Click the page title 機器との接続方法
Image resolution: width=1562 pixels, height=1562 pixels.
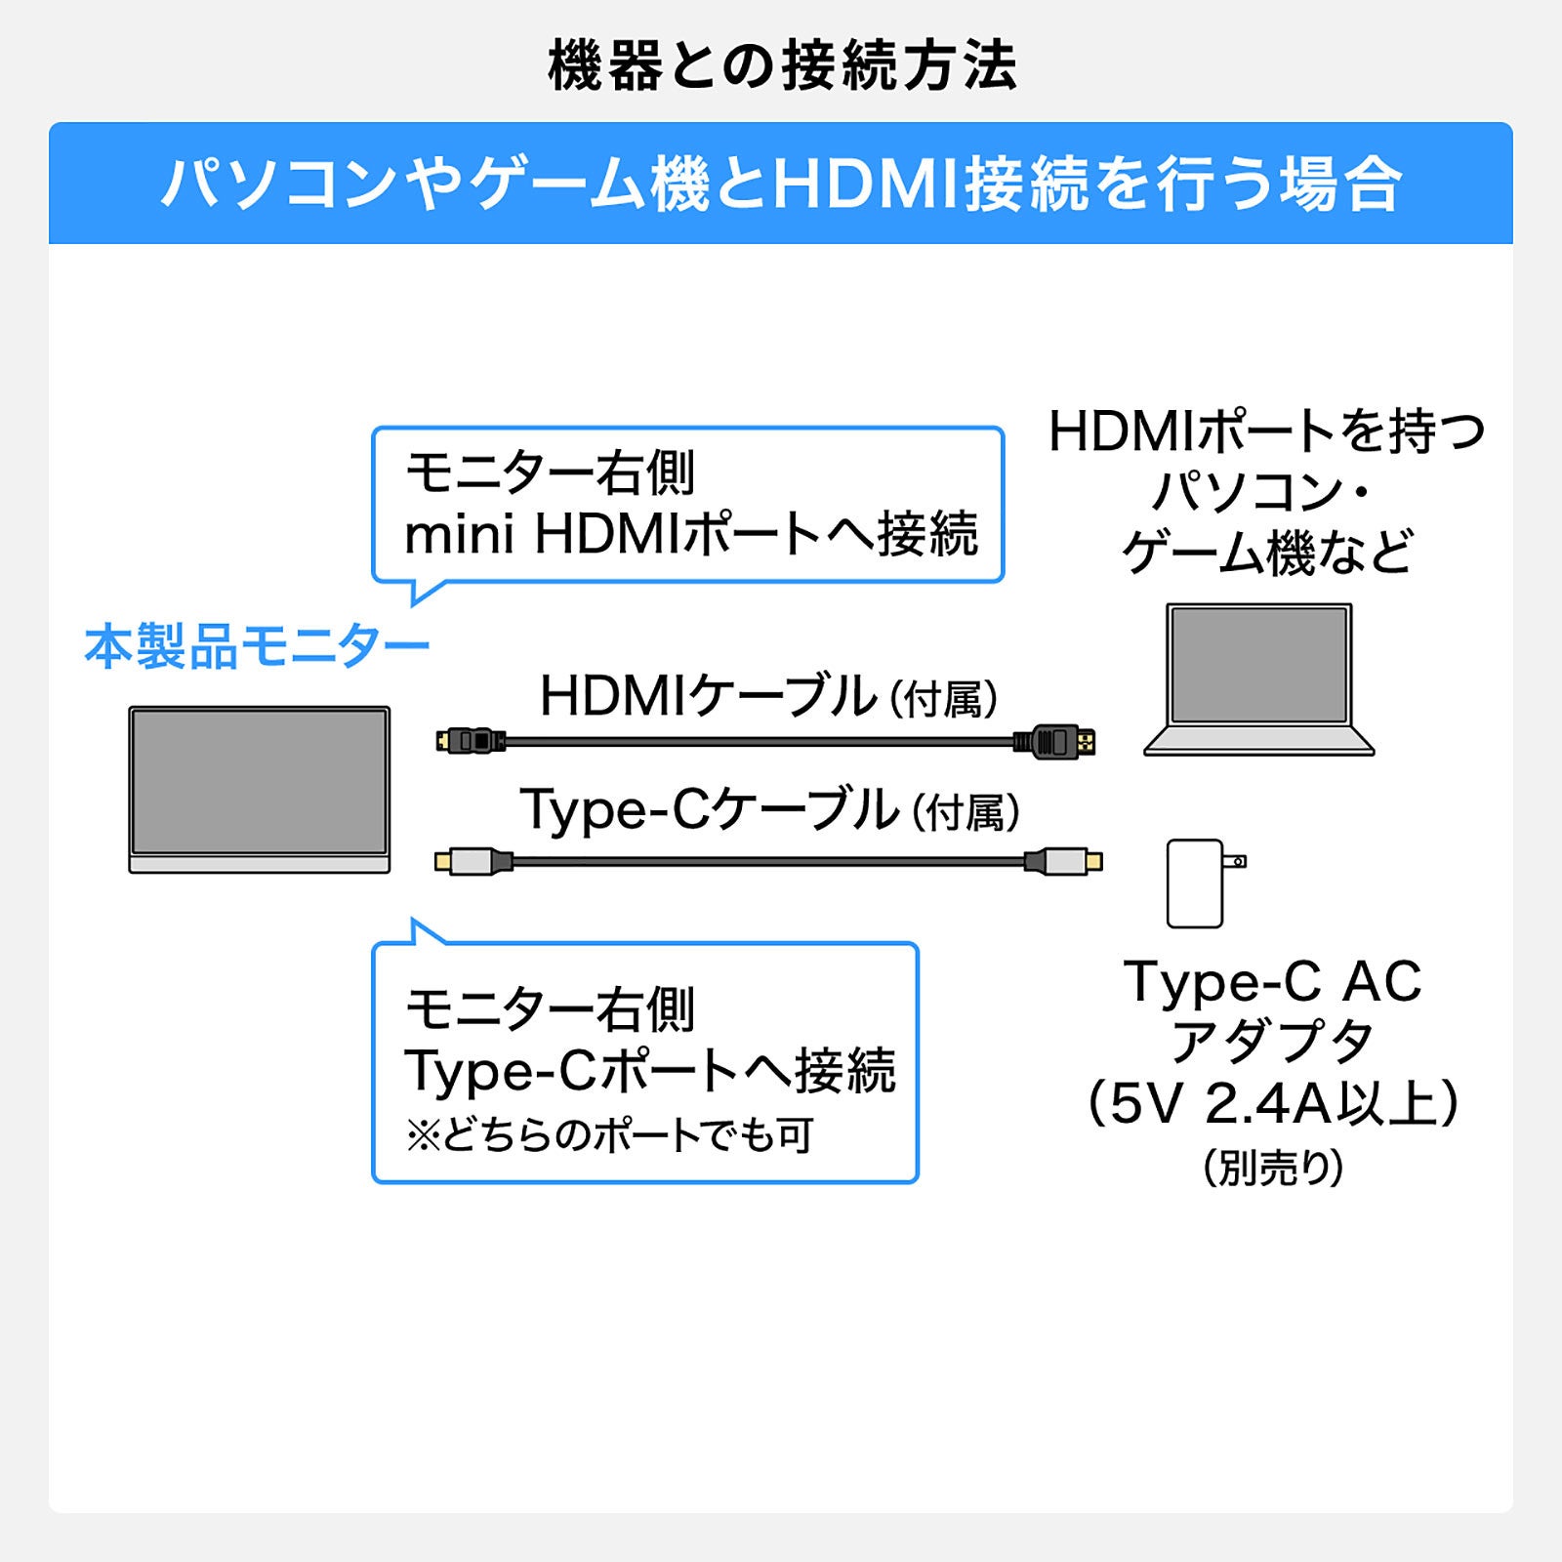[x=782, y=66]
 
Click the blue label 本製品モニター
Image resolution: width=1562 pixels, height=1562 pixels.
[x=257, y=646]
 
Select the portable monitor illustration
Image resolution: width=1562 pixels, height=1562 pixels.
[x=260, y=789]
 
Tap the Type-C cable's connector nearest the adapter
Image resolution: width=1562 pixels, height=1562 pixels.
[x=1063, y=862]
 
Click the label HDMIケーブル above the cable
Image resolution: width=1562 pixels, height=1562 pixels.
[x=709, y=696]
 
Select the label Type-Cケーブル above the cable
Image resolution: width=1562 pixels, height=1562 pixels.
[x=709, y=810]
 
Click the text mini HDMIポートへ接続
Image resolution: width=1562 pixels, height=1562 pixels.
[x=690, y=534]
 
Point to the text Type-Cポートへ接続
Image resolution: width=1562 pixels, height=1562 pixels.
[x=649, y=1070]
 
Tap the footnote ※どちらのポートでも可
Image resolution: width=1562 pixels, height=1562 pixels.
[x=610, y=1135]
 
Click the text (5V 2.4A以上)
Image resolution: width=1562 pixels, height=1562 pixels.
[x=1273, y=1104]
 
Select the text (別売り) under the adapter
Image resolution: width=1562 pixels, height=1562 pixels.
[x=1273, y=1168]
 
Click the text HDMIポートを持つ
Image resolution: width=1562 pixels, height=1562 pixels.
[x=1266, y=432]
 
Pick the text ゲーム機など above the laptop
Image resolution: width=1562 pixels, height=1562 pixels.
[x=1267, y=553]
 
